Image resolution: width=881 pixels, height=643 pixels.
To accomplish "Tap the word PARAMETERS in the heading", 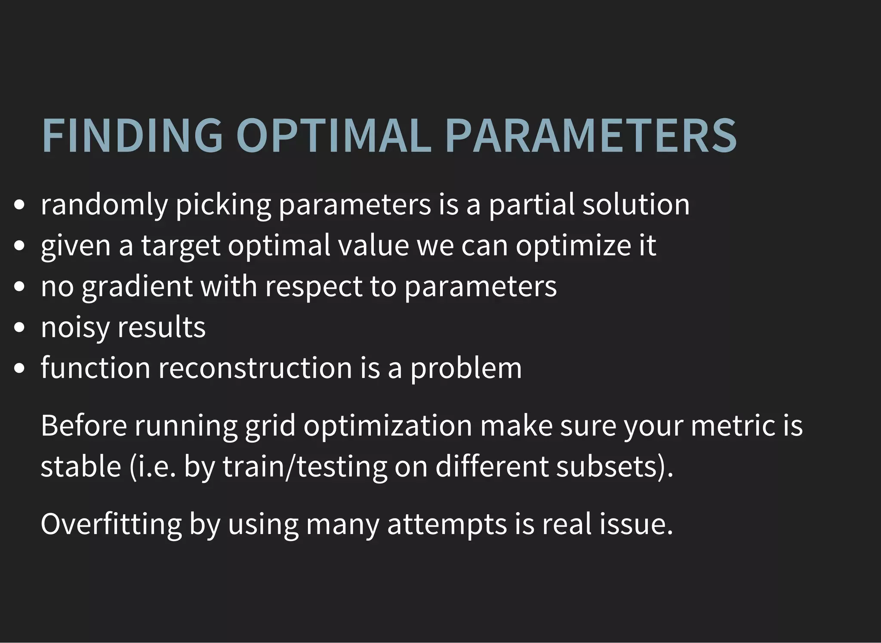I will coord(591,135).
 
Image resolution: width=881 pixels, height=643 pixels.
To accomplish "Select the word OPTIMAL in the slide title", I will coord(333,135).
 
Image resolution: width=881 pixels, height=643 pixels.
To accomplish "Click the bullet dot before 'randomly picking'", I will coord(19,205).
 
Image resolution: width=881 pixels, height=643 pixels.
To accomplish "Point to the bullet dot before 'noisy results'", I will coord(19,328).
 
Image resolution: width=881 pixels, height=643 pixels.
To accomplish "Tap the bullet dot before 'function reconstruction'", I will coord(19,369).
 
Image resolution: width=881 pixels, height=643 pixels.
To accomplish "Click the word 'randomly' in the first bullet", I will coord(104,204).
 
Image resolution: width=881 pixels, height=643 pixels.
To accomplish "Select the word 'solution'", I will coord(636,204).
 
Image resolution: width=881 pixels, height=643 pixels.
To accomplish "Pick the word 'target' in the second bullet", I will coord(181,246).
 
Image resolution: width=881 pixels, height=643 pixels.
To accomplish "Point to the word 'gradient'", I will coord(137,287).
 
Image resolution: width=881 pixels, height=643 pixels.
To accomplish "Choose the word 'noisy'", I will coord(75,328).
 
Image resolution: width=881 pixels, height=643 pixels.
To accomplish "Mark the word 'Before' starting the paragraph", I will coord(84,426).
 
